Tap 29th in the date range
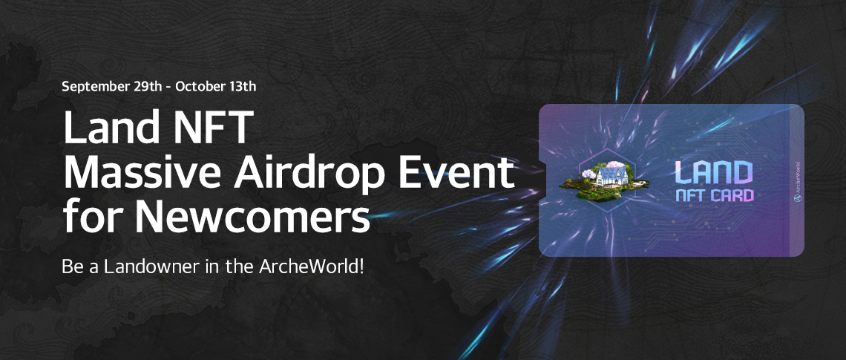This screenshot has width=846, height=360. click(x=147, y=86)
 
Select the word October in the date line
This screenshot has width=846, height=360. click(x=197, y=86)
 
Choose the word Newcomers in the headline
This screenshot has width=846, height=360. click(x=252, y=217)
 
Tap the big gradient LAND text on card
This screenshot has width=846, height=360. click(x=714, y=172)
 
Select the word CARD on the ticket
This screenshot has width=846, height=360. click(x=732, y=194)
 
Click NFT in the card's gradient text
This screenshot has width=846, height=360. click(x=691, y=194)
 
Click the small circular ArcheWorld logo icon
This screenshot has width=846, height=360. click(x=798, y=197)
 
